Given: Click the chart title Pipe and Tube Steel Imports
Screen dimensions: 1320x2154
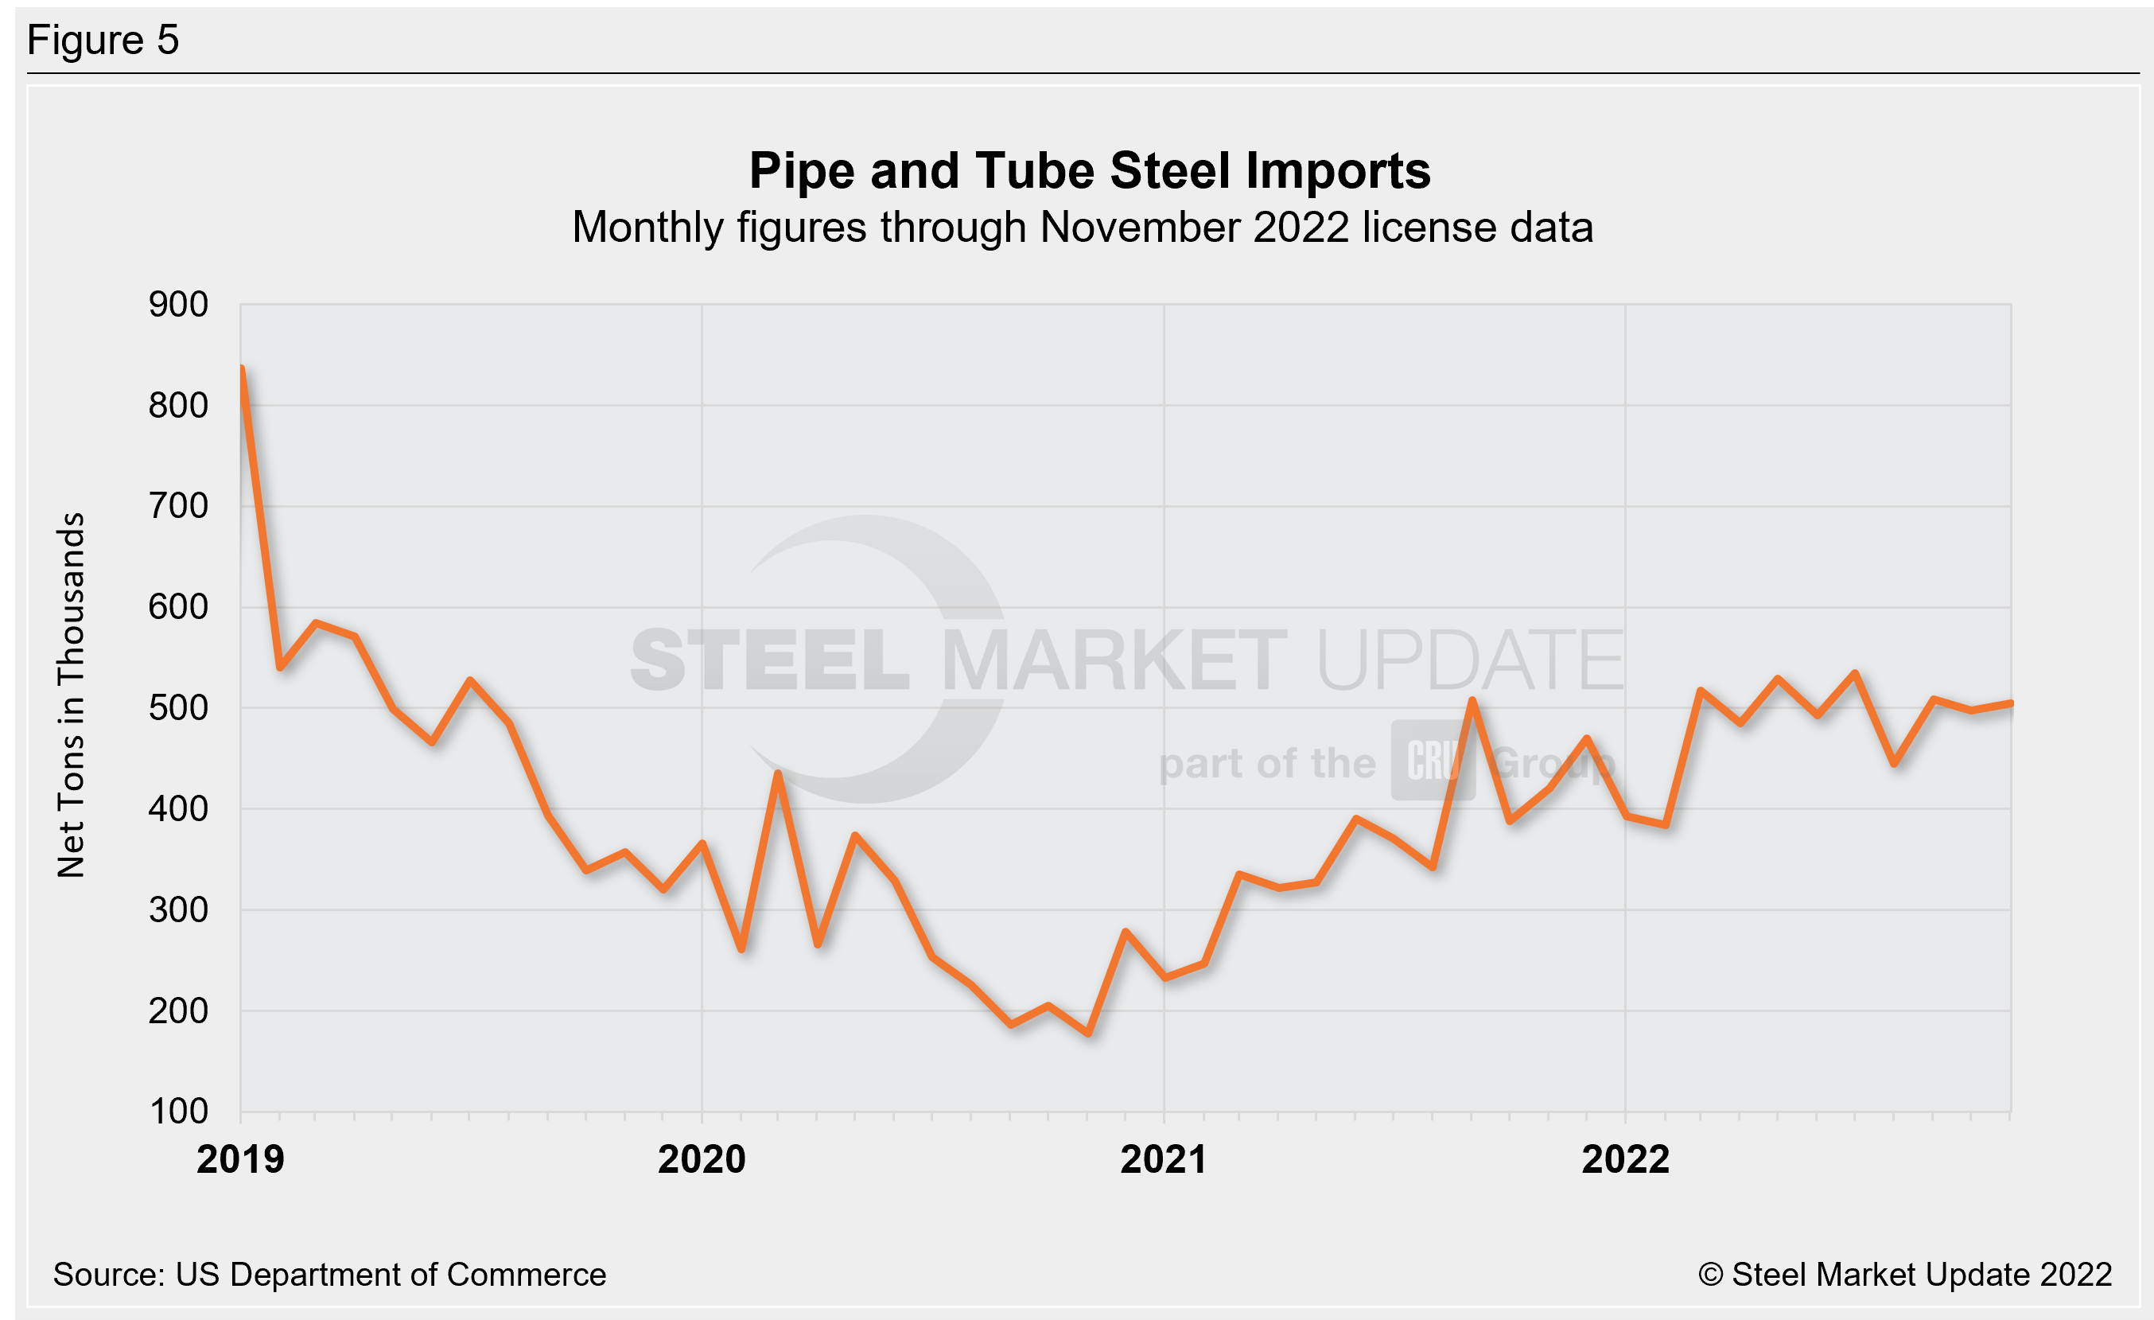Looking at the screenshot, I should click(x=1089, y=170).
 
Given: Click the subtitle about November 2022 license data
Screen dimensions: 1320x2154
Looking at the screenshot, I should click(x=1083, y=228).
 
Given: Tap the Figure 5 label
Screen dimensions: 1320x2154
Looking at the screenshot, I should click(x=103, y=41).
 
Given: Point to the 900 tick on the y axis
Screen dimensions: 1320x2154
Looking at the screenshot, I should click(x=178, y=305).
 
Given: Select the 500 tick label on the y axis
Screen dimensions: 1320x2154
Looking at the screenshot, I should click(x=178, y=708).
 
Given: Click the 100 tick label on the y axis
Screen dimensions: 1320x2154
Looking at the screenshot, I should click(x=178, y=1112).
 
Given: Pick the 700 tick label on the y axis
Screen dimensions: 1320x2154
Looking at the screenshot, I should click(x=178, y=506).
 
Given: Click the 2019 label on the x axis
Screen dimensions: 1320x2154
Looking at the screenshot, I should click(x=240, y=1160).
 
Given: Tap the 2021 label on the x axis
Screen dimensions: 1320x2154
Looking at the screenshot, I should click(x=1164, y=1160).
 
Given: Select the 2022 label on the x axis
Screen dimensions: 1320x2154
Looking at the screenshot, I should click(x=1625, y=1160).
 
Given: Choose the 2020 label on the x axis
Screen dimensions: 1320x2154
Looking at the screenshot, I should click(x=702, y=1160).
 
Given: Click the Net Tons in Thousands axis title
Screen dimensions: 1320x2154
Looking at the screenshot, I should click(x=71, y=695).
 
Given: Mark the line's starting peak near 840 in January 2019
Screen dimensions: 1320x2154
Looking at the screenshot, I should click(x=242, y=369).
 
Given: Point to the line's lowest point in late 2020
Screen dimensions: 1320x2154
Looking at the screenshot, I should click(x=1088, y=1034).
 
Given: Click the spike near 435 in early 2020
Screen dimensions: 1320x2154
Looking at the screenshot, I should click(x=778, y=773).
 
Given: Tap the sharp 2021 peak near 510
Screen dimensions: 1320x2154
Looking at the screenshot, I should click(x=1472, y=700).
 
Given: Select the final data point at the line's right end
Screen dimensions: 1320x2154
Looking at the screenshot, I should click(x=2011, y=703).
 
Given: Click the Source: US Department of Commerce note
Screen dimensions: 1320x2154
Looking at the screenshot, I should click(x=329, y=1275).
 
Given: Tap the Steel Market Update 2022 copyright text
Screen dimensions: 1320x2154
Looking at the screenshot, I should click(x=1906, y=1275).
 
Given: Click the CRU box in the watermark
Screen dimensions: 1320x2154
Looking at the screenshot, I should click(x=1433, y=761).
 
